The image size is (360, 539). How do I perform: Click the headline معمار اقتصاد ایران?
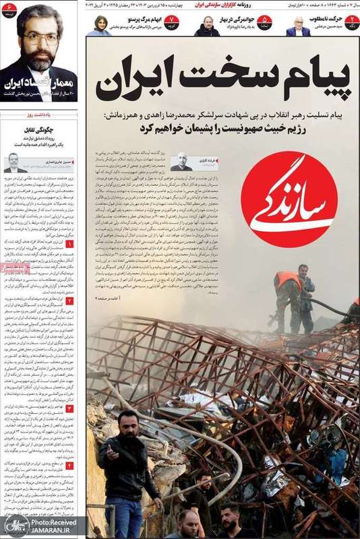tap(38, 86)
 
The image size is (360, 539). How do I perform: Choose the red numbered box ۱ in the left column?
tap(69, 245)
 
